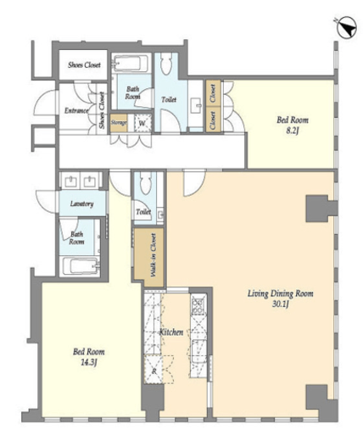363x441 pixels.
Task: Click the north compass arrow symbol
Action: (x=347, y=28)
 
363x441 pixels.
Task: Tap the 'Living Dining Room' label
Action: (x=281, y=293)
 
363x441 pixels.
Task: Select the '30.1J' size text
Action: (x=280, y=304)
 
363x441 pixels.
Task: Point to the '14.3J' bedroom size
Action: (x=89, y=362)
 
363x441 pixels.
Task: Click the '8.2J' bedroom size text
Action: (x=292, y=131)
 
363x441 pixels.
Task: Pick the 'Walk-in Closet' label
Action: (x=154, y=255)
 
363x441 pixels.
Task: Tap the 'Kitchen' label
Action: (x=171, y=332)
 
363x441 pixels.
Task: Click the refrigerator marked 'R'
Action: (x=154, y=371)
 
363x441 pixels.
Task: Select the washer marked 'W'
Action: (x=142, y=123)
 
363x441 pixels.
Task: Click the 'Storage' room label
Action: (x=119, y=123)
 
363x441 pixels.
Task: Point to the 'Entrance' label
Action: (x=76, y=110)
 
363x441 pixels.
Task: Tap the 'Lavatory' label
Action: (x=81, y=204)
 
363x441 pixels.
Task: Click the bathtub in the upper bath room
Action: (x=131, y=64)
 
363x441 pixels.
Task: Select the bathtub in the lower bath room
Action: (x=81, y=265)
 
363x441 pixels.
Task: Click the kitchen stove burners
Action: (x=198, y=305)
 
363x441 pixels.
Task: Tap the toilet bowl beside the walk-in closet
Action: (x=146, y=183)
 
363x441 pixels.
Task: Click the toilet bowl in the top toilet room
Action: (x=165, y=64)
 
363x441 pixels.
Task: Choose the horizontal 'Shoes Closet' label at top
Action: (x=84, y=65)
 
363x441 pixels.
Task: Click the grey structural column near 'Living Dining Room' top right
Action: (x=320, y=209)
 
